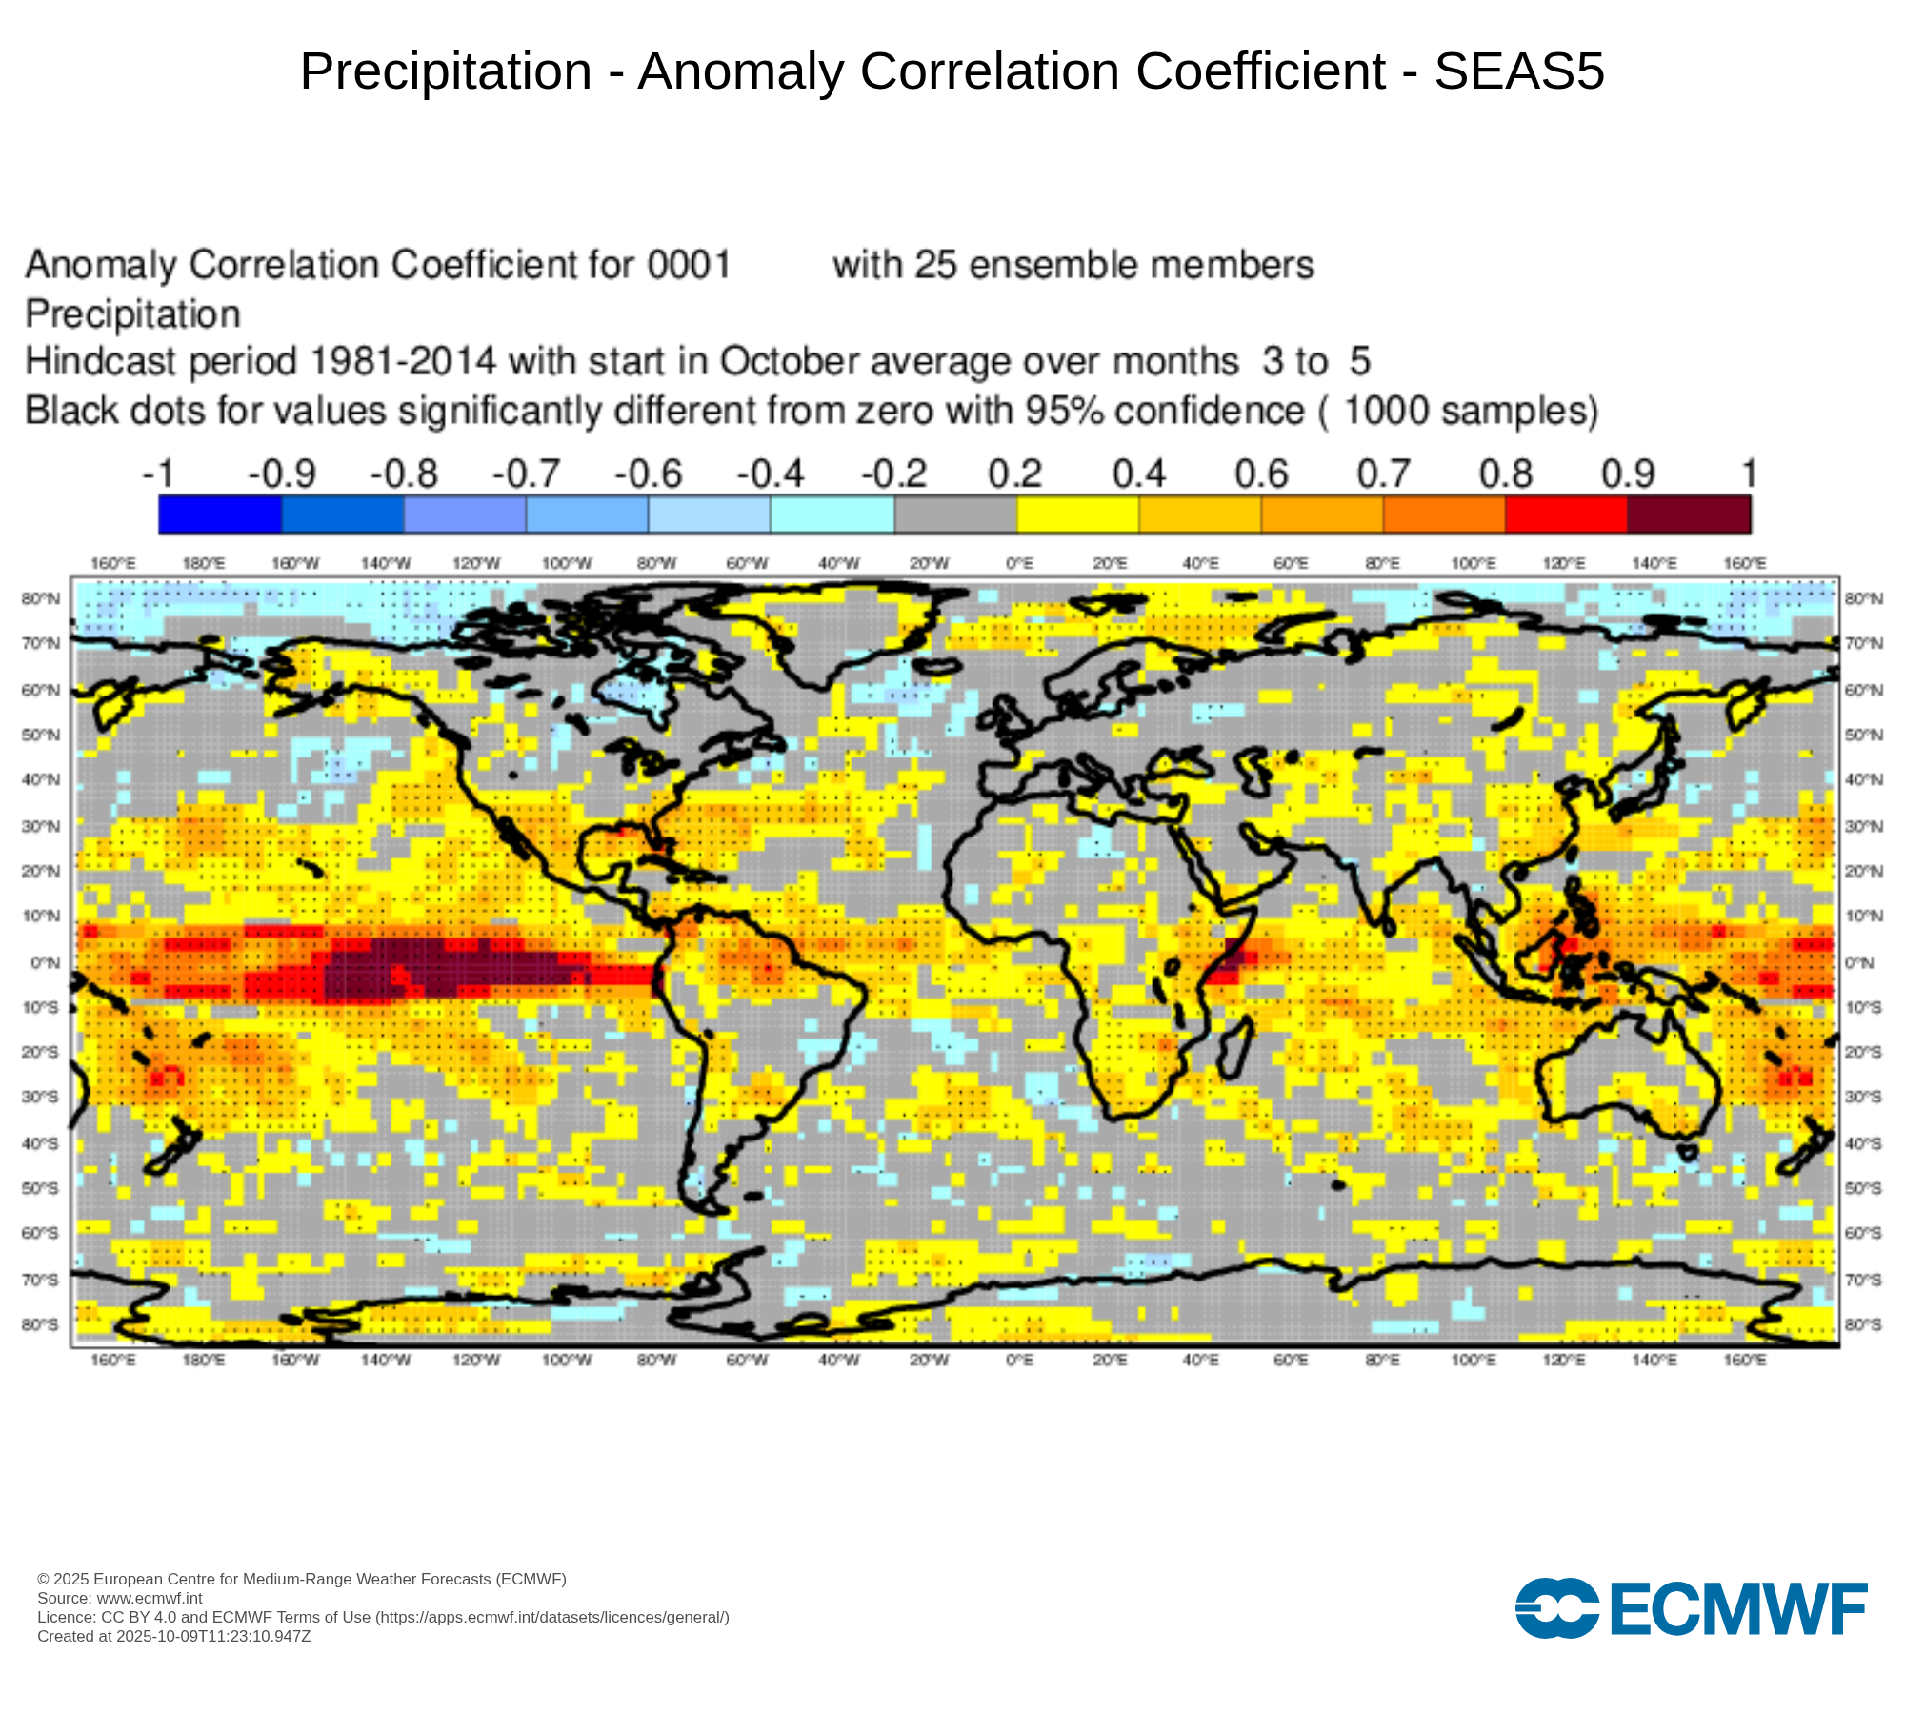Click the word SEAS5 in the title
[x=1519, y=71]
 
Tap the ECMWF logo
[x=1691, y=1608]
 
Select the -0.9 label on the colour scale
[x=281, y=474]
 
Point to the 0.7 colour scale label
[x=1383, y=474]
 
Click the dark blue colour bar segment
[x=220, y=514]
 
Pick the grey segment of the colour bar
[x=955, y=514]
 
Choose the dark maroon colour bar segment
[x=1689, y=514]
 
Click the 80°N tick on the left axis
[x=40, y=598]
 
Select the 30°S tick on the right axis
[x=1863, y=1097]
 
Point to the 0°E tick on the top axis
[x=1019, y=563]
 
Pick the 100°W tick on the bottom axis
[x=566, y=1360]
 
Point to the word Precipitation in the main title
[x=446, y=71]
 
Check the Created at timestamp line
[x=174, y=1636]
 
